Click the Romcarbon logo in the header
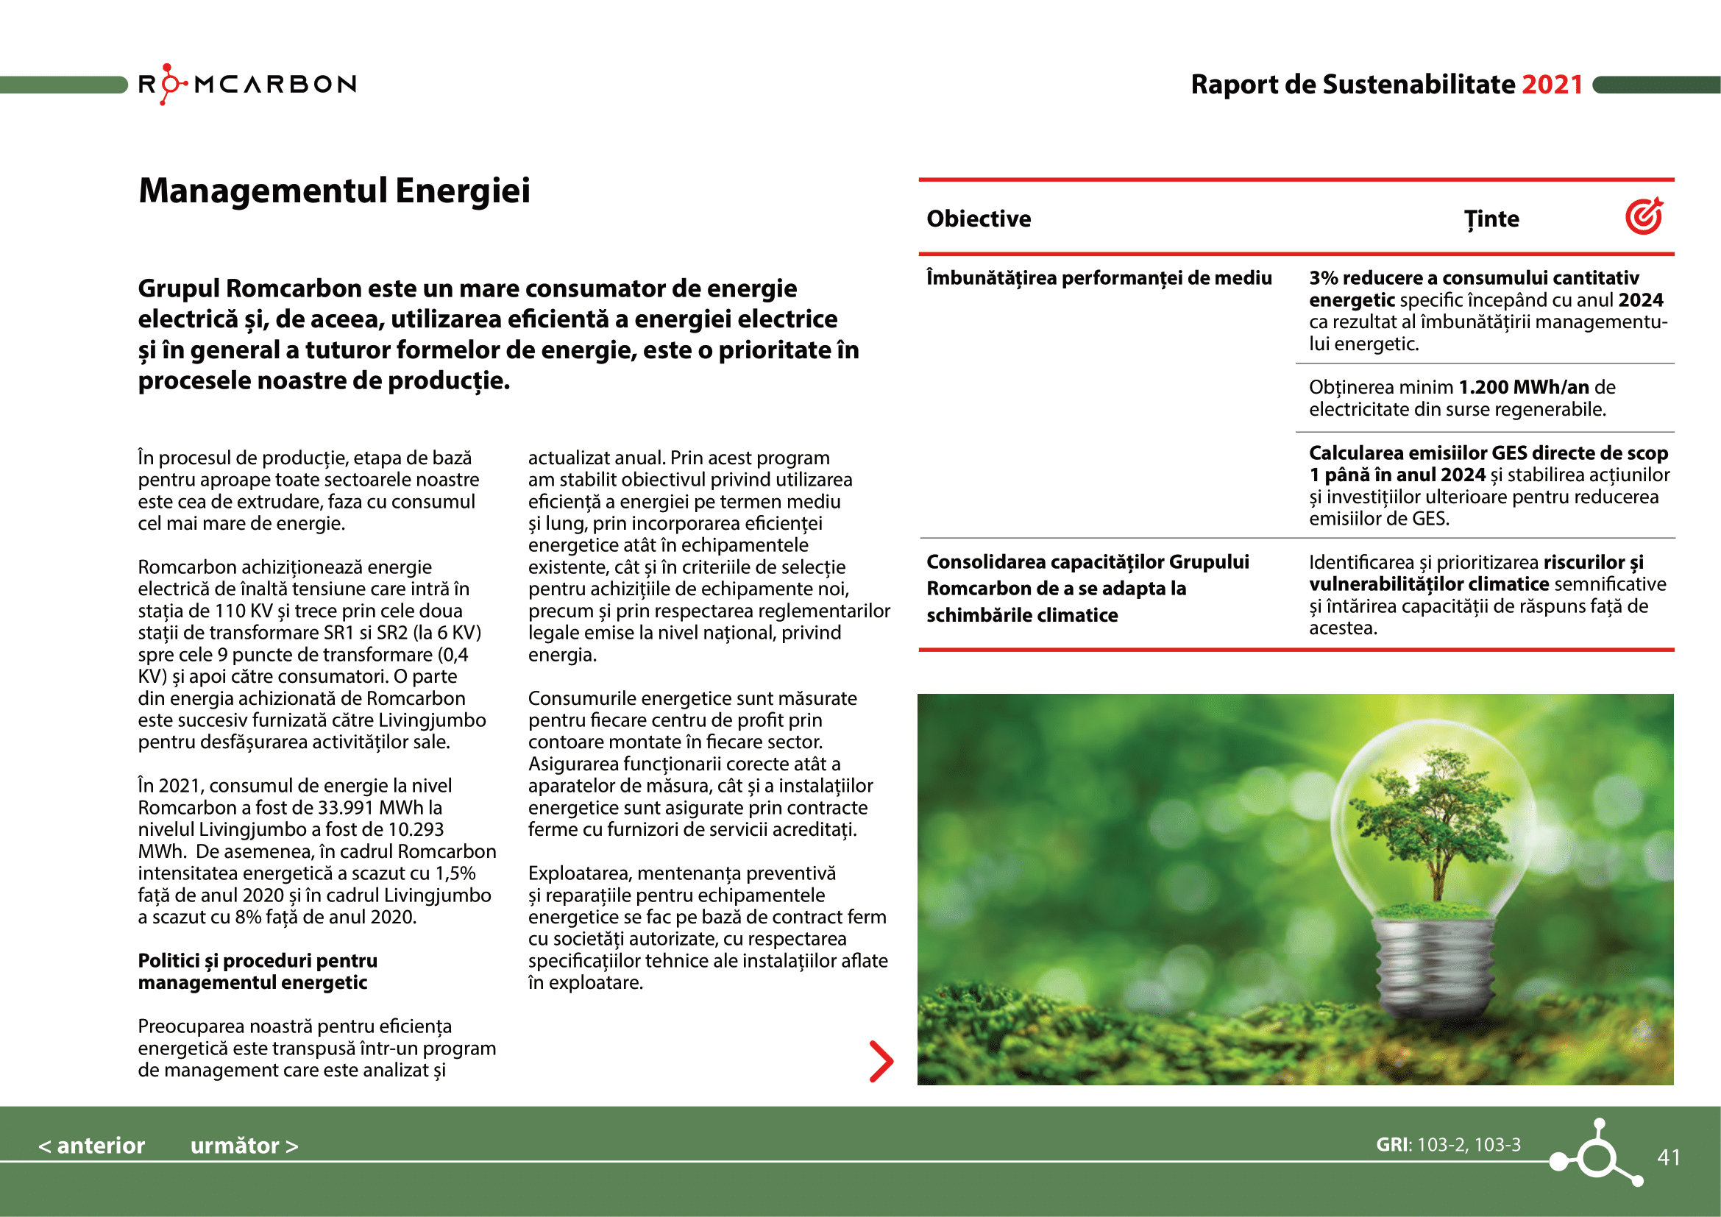(x=247, y=84)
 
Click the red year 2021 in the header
(x=1552, y=85)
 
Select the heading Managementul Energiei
(x=334, y=191)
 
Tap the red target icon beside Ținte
(x=1644, y=216)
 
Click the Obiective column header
(x=978, y=219)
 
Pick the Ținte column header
(x=1491, y=219)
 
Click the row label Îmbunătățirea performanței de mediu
(x=1099, y=278)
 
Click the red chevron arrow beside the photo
(x=881, y=1061)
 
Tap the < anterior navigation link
(x=91, y=1146)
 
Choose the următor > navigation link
(x=244, y=1146)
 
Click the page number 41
(x=1669, y=1158)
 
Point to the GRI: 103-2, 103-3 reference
(x=1448, y=1145)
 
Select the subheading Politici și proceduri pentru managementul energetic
(x=257, y=971)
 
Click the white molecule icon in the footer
(x=1597, y=1154)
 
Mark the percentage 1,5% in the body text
(x=455, y=874)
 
